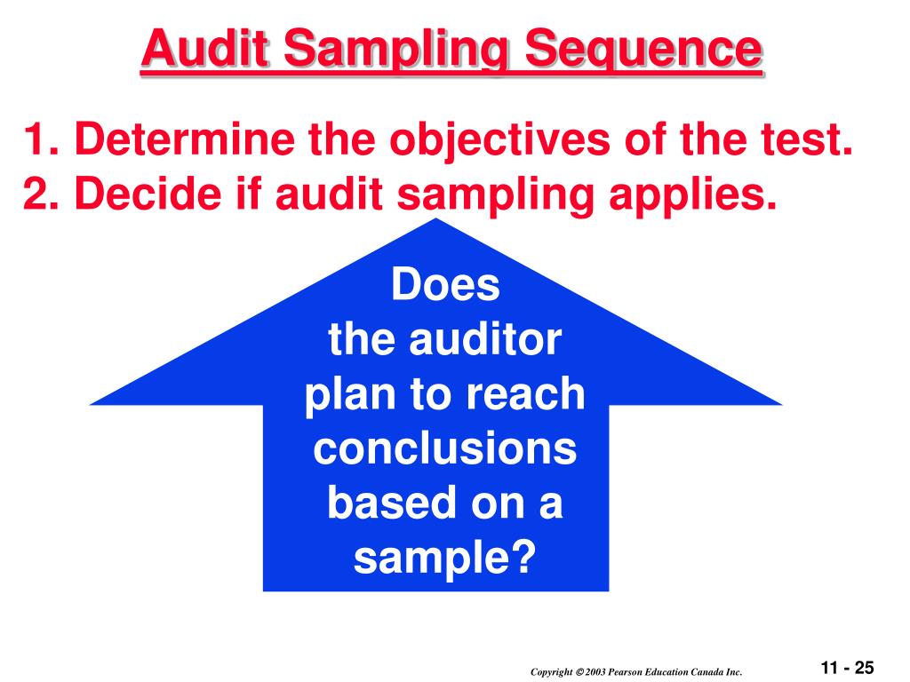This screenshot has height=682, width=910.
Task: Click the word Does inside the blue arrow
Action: tap(446, 286)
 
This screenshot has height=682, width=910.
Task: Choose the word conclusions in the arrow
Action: tap(445, 449)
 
